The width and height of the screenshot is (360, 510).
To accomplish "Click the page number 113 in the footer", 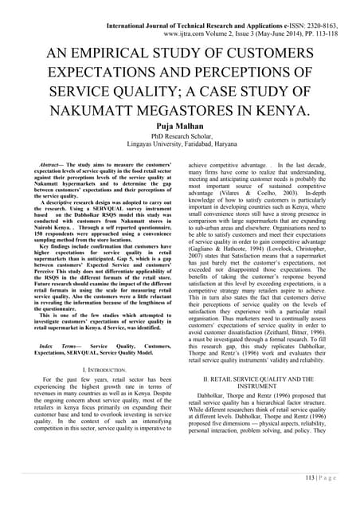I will pos(319,499).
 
